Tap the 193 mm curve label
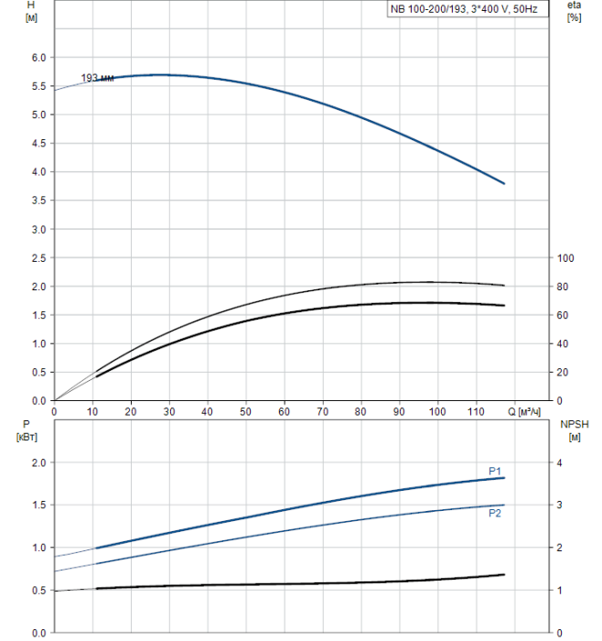point(97,78)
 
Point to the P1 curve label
point(495,471)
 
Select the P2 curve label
point(495,513)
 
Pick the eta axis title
point(574,11)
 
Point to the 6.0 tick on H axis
point(38,58)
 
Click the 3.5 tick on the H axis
point(38,201)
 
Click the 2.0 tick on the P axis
point(38,462)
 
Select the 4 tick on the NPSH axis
point(561,462)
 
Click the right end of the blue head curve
point(504,184)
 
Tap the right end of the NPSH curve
point(504,574)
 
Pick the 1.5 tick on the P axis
point(38,505)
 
